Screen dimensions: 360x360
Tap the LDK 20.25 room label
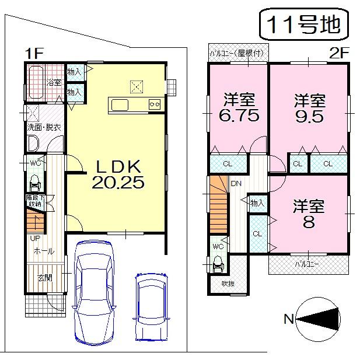(x=117, y=174)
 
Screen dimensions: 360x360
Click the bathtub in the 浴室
(x=36, y=83)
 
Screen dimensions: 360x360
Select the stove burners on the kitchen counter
(x=155, y=104)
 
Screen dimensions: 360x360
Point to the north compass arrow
(x=319, y=319)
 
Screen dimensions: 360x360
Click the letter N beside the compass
(x=288, y=319)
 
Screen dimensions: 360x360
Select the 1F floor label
(x=34, y=53)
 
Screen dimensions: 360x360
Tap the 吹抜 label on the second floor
(x=219, y=284)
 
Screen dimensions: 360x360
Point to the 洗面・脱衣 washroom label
(x=43, y=127)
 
